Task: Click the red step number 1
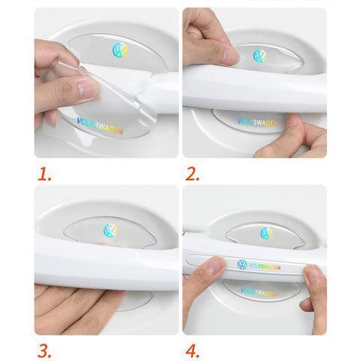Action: (44, 174)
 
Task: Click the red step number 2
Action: (192, 174)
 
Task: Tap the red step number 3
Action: (44, 351)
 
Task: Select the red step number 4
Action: (192, 351)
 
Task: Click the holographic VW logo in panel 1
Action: (120, 50)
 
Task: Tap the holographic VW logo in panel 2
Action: (259, 56)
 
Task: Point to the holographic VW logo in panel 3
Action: (110, 230)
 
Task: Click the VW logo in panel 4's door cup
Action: (266, 233)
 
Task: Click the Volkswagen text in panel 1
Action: (100, 126)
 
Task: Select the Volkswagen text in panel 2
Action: (258, 123)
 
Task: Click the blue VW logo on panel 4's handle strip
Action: (242, 265)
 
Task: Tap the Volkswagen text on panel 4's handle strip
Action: (265, 267)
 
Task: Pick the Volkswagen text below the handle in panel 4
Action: (259, 293)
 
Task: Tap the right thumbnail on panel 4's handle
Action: (311, 274)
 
